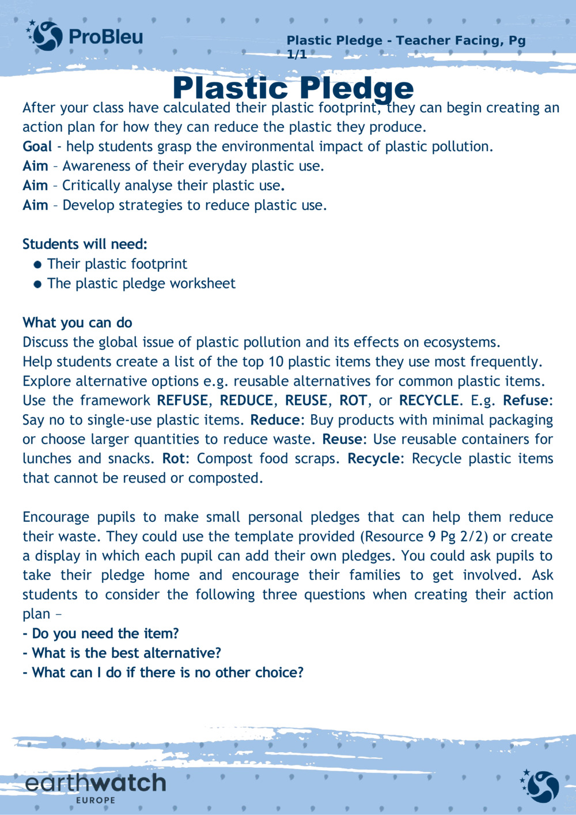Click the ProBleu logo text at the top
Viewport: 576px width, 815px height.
(x=105, y=37)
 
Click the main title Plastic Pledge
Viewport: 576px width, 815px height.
(x=293, y=88)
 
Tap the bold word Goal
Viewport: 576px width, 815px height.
(x=37, y=146)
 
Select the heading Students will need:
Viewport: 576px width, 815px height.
(x=85, y=244)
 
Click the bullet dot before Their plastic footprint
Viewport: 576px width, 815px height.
(x=38, y=265)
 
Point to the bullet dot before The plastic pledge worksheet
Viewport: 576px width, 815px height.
(x=38, y=284)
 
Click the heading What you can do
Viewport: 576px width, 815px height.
(x=77, y=323)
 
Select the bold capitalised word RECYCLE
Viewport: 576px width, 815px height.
(x=429, y=400)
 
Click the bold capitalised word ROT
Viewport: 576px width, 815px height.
(x=353, y=400)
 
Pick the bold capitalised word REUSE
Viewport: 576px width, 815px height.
(x=306, y=400)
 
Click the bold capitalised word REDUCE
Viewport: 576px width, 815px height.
(x=247, y=400)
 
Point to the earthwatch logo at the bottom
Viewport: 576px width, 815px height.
(x=96, y=783)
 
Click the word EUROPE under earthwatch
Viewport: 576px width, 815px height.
(x=96, y=800)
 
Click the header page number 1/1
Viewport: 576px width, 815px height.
(x=297, y=55)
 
